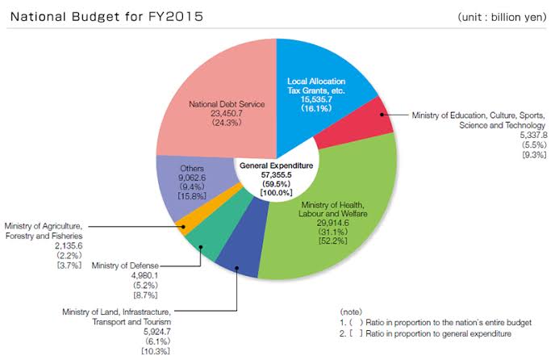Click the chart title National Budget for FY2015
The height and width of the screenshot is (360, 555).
pos(105,16)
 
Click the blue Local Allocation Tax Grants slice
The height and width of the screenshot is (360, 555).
pos(339,65)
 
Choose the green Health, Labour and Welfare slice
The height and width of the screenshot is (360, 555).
pos(339,242)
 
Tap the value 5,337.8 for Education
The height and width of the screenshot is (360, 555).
pos(530,136)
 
